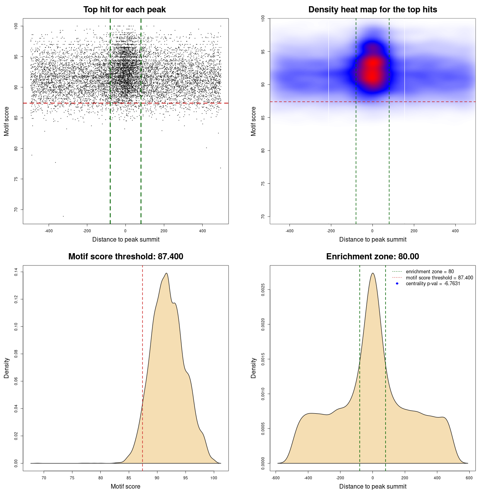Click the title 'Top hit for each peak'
coord(124,10)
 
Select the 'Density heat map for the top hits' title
coord(372,10)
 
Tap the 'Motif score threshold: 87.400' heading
coord(125,257)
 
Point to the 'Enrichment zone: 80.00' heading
coord(372,257)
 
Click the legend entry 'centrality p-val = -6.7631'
coord(433,284)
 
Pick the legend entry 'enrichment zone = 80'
coord(430,272)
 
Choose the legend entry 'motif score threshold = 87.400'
coord(439,278)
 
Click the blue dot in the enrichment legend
coord(397,284)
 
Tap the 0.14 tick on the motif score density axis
coord(16,272)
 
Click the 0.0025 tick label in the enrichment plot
coord(263,289)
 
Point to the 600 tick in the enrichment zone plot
coord(469,478)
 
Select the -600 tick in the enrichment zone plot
coord(276,478)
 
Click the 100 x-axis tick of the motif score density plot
coord(214,478)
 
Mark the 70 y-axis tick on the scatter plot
coord(16,210)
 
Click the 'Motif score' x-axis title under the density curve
coord(125,486)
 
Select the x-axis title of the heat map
coord(372,239)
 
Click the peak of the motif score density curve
coord(166,273)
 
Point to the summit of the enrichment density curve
coord(372,273)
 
